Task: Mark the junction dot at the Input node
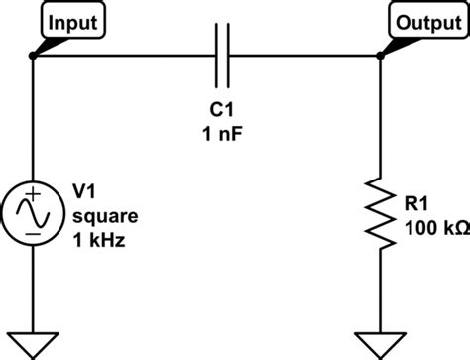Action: pyautogui.click(x=34, y=57)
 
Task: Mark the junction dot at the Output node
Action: pyautogui.click(x=381, y=57)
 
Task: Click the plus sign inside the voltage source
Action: pyautogui.click(x=34, y=195)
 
